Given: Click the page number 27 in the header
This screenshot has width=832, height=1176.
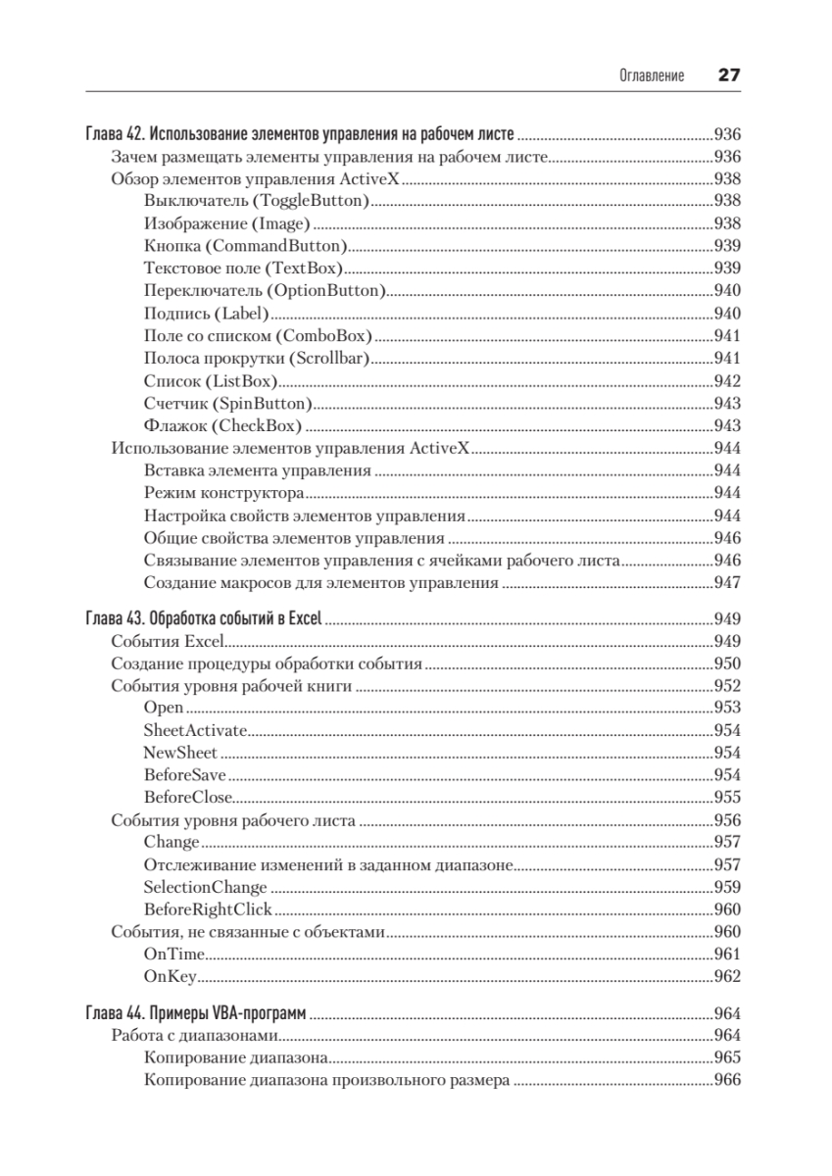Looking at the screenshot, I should pos(728,75).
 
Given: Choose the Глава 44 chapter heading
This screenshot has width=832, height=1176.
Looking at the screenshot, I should pos(197,1012).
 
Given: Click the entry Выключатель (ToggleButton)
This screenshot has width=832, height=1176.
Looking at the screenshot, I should pos(256,200).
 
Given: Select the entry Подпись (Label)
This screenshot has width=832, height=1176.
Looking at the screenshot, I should pos(206,314).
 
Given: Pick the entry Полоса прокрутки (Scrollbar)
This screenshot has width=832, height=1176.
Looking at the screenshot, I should pos(256,359).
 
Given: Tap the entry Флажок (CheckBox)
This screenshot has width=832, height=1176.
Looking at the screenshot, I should pos(222,426).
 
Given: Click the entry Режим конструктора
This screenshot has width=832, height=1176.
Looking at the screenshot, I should pos(223,493).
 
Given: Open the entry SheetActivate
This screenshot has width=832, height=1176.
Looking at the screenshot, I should pos(195,730).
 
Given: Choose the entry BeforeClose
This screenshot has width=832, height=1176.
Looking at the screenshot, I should pos(188,797).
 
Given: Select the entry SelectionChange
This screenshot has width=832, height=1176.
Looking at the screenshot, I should pos(205,887).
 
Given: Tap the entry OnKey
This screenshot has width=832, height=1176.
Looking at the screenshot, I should pos(171,976).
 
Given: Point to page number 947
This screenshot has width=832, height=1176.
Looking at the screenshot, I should pos(726,583).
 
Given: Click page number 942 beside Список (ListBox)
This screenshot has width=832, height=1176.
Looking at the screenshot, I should pos(726,381).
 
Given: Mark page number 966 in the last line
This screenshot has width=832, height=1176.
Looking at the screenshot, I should pos(726,1081).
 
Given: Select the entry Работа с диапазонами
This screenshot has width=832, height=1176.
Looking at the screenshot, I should pos(196,1036).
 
